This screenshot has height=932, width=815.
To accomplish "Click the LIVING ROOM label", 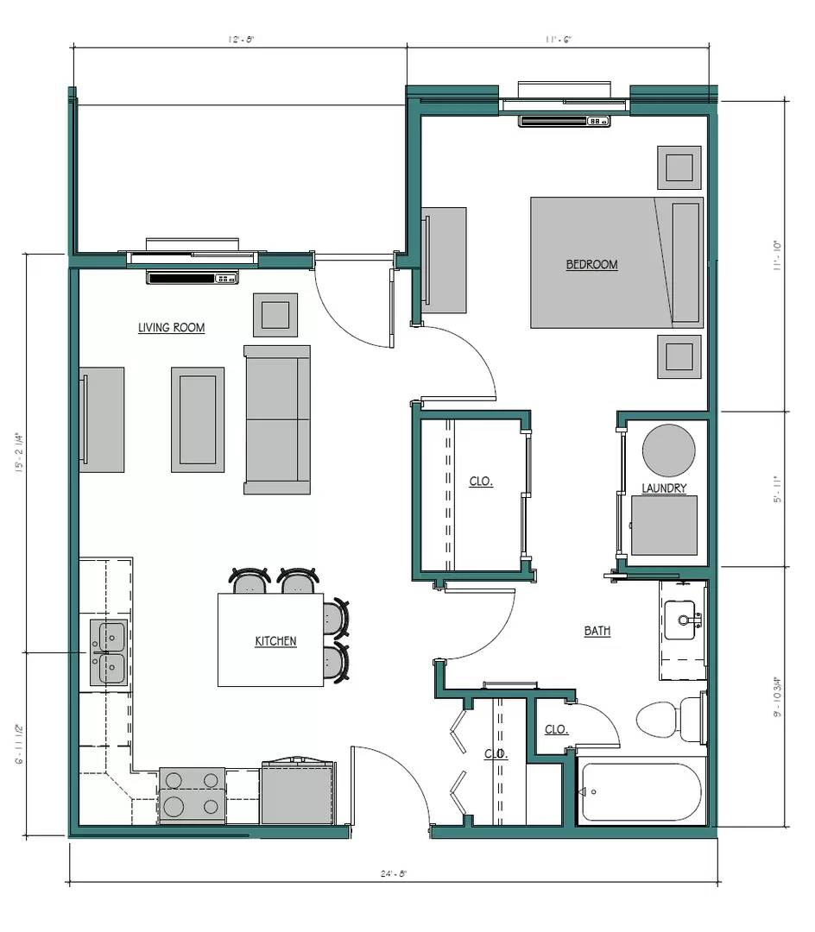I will tap(171, 328).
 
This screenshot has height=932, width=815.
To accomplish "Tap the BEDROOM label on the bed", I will tap(591, 265).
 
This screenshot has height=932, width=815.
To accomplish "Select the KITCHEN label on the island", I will tap(275, 641).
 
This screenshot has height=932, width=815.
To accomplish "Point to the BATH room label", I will tap(597, 632).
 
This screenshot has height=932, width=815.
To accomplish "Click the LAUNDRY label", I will tap(664, 488).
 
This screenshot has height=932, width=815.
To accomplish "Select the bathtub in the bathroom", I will tap(641, 791).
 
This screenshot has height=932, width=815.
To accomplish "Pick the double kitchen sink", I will tap(108, 652).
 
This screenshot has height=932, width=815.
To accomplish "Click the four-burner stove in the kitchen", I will tap(192, 794).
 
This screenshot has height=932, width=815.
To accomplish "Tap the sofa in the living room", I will tap(276, 419).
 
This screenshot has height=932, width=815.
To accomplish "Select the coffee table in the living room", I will tap(198, 419).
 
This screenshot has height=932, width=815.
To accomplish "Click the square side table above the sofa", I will tap(275, 315).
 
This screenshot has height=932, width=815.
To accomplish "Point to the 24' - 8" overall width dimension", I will tap(393, 873).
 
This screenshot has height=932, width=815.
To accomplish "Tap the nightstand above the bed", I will tap(679, 167).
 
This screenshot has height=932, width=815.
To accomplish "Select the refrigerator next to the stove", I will tap(297, 792).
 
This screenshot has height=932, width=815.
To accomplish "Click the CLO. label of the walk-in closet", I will tap(481, 482).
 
